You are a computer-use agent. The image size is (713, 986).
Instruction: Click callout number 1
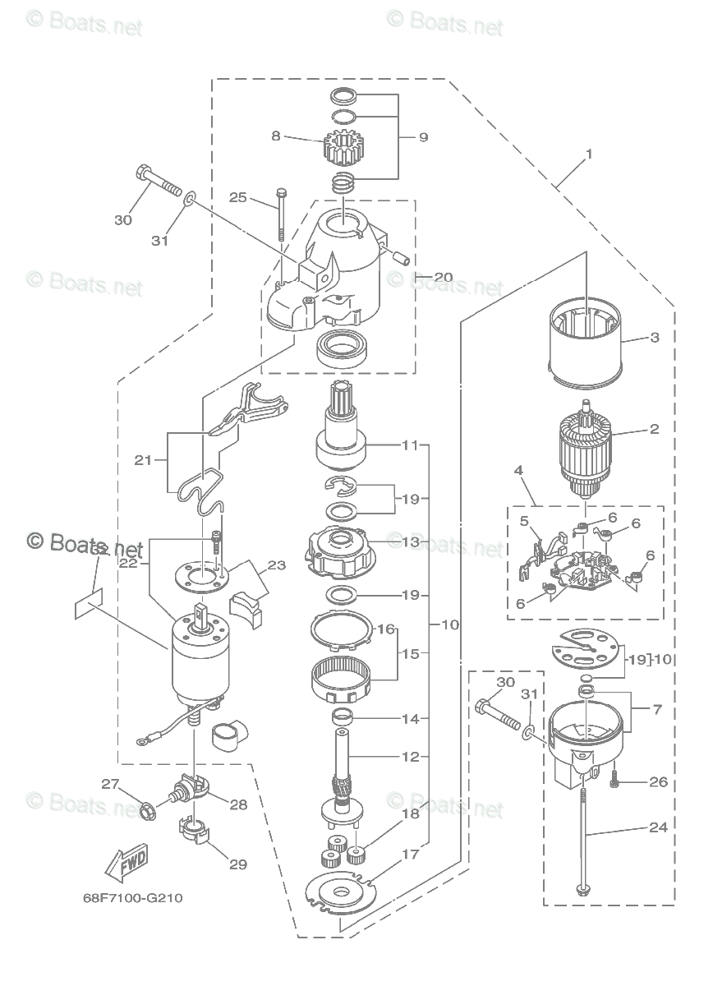tap(589, 153)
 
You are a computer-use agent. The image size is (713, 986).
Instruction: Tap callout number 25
tap(237, 197)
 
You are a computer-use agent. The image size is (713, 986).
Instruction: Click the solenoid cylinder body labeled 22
tap(200, 657)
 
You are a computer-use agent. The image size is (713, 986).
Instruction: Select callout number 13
tap(411, 542)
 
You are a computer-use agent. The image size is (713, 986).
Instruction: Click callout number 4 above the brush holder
tap(518, 471)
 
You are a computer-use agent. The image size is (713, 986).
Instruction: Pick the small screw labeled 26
tap(615, 781)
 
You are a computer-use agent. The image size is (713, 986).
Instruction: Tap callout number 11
tap(411, 445)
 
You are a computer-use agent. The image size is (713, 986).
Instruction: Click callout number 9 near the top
tap(423, 137)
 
